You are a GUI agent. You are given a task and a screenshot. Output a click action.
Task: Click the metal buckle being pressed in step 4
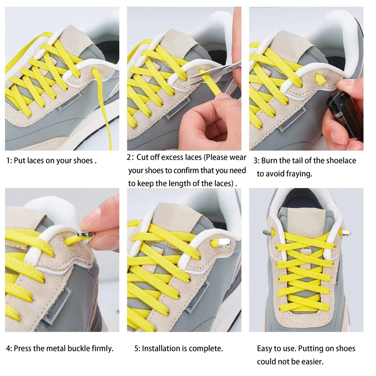[x=85, y=235]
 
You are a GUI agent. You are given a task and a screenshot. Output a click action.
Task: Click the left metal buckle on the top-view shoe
[x=267, y=232]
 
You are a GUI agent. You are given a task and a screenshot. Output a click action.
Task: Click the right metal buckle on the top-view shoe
[x=346, y=232]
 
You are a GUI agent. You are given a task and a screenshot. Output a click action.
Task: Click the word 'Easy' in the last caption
[x=265, y=348]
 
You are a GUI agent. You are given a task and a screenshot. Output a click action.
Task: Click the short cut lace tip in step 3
[x=320, y=79]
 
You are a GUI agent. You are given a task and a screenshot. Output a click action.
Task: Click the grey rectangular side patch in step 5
[x=198, y=296]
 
